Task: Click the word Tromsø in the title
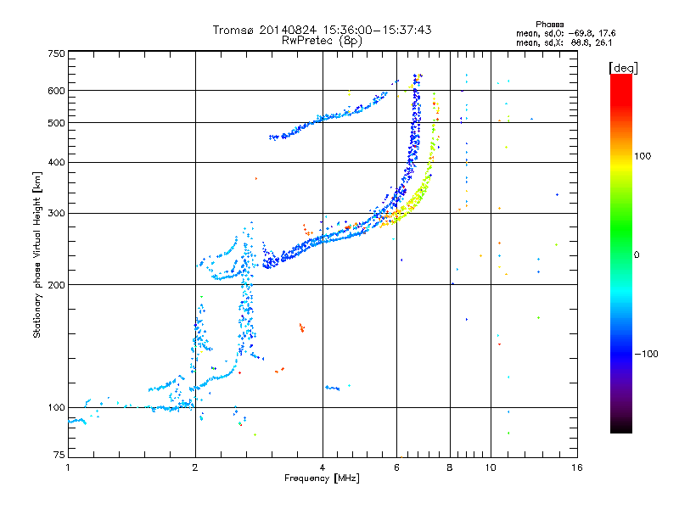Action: (233, 30)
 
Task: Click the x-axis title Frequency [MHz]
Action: (322, 479)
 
